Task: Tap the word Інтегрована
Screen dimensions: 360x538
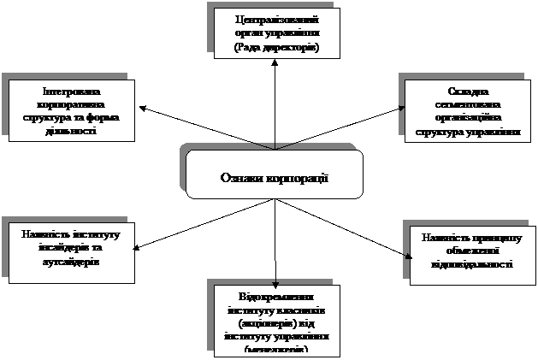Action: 71,91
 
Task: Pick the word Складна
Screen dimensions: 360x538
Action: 467,91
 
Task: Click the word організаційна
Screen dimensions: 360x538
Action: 467,118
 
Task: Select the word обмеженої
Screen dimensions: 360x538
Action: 467,251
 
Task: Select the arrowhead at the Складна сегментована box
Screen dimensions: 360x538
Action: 401,109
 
